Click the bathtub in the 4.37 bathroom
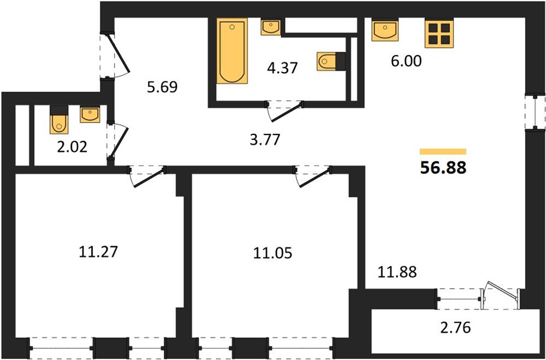click(x=232, y=51)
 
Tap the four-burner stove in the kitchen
click(x=439, y=34)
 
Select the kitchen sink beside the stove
click(x=385, y=31)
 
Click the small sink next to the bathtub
click(x=271, y=28)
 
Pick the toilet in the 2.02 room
click(x=59, y=120)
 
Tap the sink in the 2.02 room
click(x=90, y=115)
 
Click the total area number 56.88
click(x=443, y=168)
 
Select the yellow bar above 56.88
click(x=443, y=151)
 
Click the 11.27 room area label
click(x=98, y=252)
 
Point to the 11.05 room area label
click(x=272, y=253)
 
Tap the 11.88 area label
click(x=397, y=272)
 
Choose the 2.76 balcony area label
click(x=455, y=328)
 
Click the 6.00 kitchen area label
click(x=406, y=61)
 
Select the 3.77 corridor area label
click(x=265, y=140)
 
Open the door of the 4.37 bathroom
click(x=285, y=111)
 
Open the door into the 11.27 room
click(x=148, y=176)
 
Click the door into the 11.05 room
click(x=313, y=176)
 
